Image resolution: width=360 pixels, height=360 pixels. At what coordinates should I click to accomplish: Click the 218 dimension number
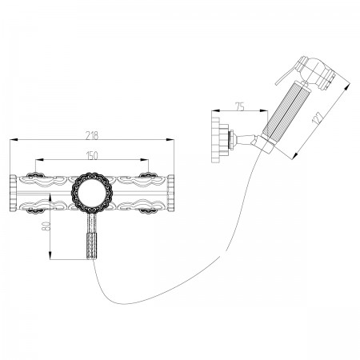pos(92,135)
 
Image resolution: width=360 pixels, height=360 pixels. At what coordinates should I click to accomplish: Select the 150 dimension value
pos(92,155)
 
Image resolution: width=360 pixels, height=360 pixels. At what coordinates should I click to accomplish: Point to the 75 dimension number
pos(240,106)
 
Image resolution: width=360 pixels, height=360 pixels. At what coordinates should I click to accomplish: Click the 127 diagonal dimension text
pos(318,118)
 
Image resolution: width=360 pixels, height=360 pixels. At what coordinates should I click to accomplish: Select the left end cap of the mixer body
pos(13,193)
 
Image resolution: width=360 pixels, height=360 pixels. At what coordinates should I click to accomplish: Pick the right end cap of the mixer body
pos(170,193)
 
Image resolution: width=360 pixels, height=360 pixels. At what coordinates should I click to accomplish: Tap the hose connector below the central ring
pos(92,236)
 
